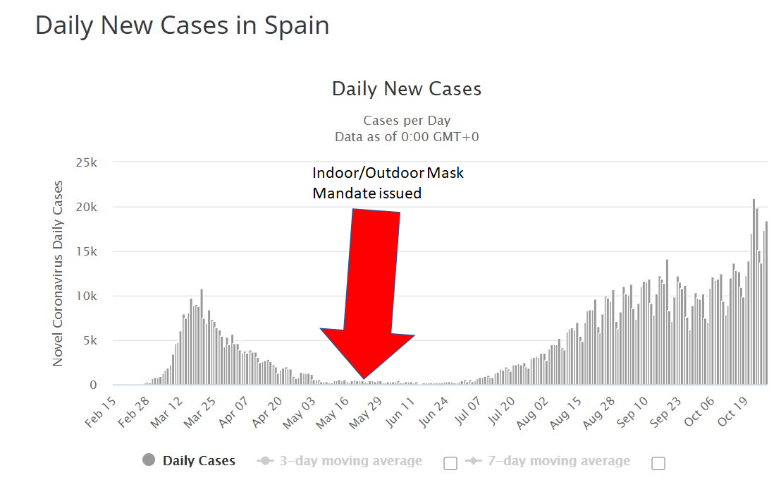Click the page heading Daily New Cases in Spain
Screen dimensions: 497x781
(x=182, y=25)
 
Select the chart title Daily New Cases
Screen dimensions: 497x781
(x=407, y=89)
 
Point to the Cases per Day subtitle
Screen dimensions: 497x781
(x=407, y=121)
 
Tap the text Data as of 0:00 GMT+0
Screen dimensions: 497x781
(x=407, y=136)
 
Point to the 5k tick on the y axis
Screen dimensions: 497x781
(x=89, y=340)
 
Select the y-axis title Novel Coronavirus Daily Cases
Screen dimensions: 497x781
(x=58, y=273)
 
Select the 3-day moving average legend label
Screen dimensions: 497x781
(x=350, y=461)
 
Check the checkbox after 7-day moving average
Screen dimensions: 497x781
(x=658, y=463)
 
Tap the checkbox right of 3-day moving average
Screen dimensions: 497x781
(x=450, y=463)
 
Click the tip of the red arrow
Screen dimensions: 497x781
(x=363, y=378)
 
